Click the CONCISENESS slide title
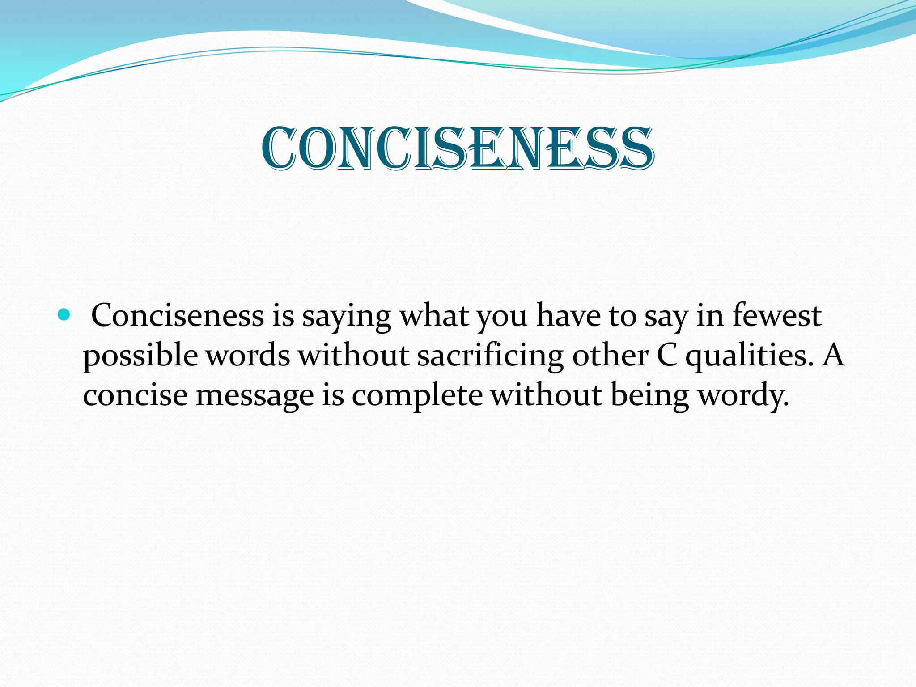[458, 148]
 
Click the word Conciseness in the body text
[178, 316]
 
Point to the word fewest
[777, 316]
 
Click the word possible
[140, 357]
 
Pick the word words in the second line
[248, 356]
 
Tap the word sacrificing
[490, 357]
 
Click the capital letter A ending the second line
[833, 356]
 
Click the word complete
[417, 396]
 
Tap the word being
[649, 396]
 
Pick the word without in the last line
[546, 395]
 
